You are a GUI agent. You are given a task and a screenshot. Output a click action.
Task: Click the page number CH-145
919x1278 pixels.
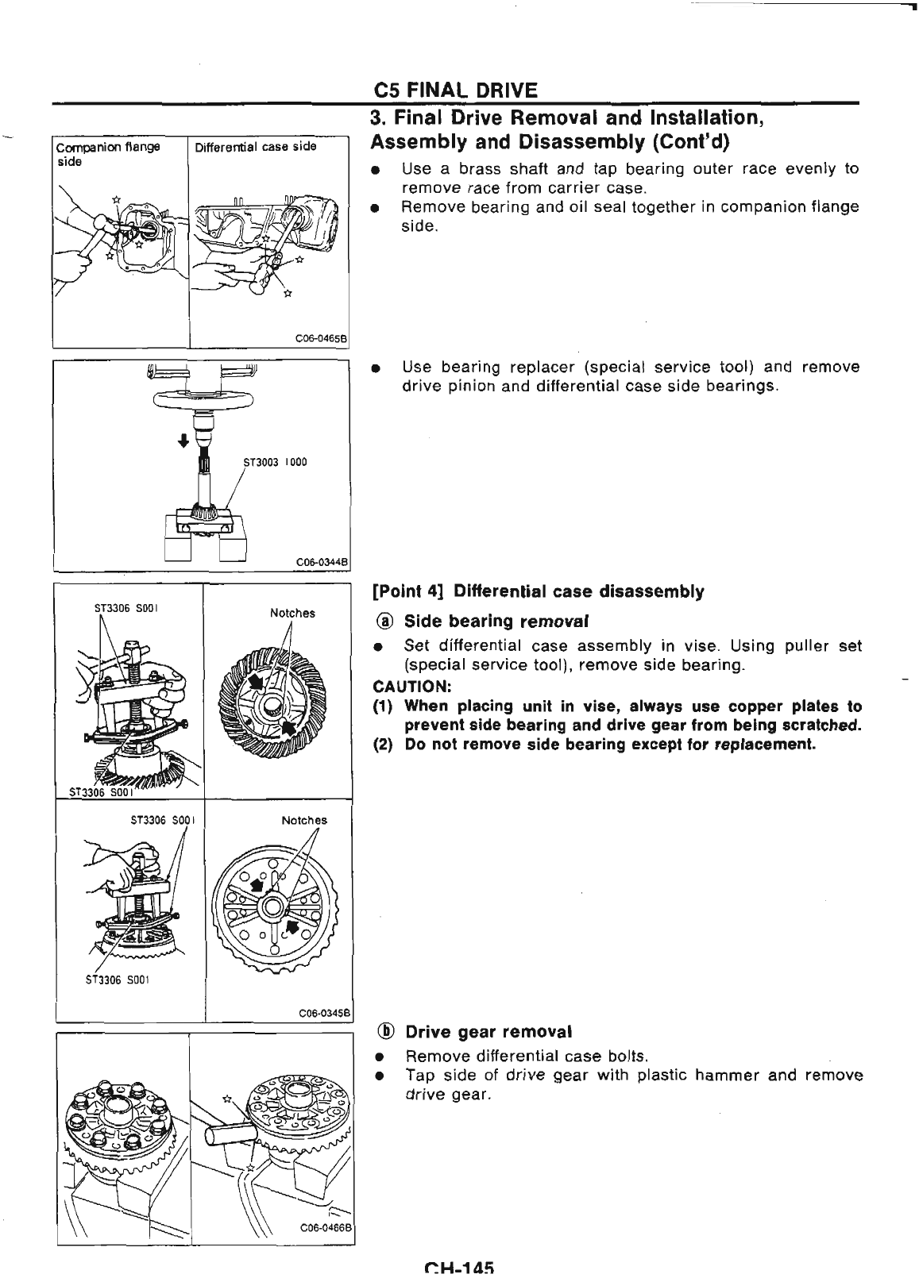(460, 1268)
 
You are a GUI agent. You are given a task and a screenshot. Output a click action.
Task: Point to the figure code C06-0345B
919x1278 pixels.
(321, 1013)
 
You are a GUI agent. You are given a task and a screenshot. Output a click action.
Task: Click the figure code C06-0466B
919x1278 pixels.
(322, 1249)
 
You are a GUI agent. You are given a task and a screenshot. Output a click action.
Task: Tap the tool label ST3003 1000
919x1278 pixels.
(274, 462)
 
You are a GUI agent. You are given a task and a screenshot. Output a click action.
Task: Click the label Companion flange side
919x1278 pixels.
(87, 152)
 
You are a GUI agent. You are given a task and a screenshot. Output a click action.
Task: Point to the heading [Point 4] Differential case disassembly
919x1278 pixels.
(538, 592)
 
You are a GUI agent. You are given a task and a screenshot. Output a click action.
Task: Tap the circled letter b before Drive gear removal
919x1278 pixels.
(385, 1032)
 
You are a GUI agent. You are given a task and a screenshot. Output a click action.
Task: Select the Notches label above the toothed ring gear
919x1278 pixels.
(292, 613)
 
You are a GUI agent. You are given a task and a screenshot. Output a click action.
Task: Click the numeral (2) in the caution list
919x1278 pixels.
(383, 745)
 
